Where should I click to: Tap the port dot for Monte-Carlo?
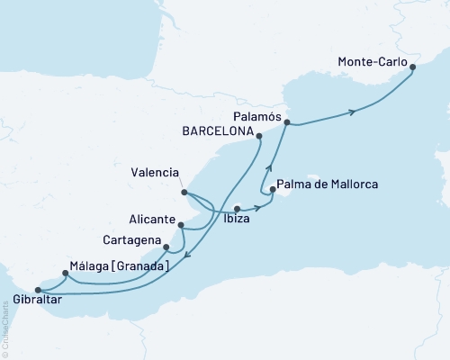click(x=412, y=67)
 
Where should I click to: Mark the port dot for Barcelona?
click(x=259, y=137)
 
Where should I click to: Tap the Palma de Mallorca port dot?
click(x=271, y=189)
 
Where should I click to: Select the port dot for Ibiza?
click(x=237, y=209)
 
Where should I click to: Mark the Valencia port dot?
click(x=183, y=192)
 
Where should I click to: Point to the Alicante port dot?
click(x=181, y=226)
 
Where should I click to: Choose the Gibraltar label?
click(x=37, y=301)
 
